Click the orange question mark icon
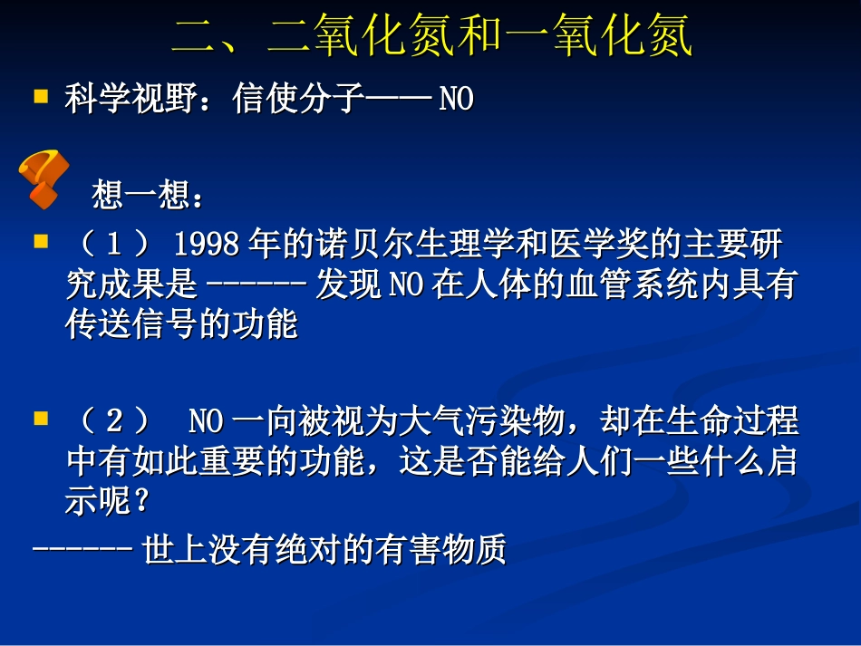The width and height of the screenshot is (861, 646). [x=44, y=178]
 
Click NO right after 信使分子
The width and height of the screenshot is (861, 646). [x=457, y=100]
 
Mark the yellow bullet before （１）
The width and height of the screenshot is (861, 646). [x=40, y=242]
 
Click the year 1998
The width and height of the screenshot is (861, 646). [x=207, y=245]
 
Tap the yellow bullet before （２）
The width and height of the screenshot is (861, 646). [x=40, y=418]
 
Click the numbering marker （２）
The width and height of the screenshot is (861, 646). [x=114, y=422]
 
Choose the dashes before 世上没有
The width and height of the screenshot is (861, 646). [x=84, y=551]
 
